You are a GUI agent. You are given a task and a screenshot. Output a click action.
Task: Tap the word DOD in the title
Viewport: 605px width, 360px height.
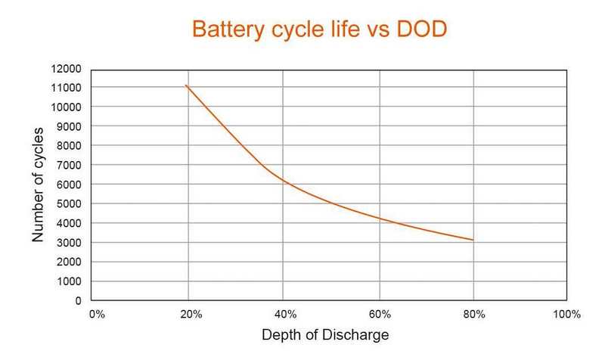point(422,29)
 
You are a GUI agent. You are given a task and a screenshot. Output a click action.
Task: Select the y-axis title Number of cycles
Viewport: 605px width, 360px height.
point(38,185)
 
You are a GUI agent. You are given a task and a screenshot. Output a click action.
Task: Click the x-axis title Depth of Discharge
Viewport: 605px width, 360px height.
point(325,335)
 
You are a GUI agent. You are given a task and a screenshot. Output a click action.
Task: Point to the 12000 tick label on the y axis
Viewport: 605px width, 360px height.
point(66,69)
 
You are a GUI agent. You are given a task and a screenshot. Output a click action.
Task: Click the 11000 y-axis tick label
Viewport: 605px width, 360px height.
point(66,88)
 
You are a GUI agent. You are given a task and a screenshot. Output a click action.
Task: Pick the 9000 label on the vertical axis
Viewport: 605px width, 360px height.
point(69,126)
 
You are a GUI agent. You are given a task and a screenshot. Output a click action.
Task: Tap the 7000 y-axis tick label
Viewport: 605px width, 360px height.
point(69,165)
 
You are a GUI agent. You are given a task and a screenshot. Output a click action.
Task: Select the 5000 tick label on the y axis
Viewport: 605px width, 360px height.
point(69,203)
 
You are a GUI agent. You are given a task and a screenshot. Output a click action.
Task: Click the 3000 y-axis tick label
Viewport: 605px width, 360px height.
point(69,243)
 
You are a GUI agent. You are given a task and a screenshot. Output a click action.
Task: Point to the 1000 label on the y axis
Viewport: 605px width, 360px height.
point(69,281)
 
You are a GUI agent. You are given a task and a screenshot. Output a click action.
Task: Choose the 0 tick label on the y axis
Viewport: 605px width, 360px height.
point(79,300)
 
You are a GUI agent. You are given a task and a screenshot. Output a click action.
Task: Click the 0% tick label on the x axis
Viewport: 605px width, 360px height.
point(97,315)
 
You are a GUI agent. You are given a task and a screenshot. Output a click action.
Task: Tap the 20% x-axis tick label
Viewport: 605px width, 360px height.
point(191,315)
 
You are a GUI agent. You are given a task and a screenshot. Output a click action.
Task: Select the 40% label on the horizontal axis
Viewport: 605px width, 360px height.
point(286,315)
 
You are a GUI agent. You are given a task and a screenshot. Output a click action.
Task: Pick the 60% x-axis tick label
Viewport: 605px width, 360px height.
point(380,315)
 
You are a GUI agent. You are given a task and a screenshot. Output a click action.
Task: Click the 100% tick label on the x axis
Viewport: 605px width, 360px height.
point(566,315)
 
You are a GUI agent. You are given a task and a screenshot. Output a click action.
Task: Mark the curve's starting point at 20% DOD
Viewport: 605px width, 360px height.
point(186,85)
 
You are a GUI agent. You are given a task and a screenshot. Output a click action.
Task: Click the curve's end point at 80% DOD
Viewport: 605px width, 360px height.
point(473,240)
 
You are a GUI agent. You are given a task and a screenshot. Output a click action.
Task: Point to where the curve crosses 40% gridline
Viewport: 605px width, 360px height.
point(283,179)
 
